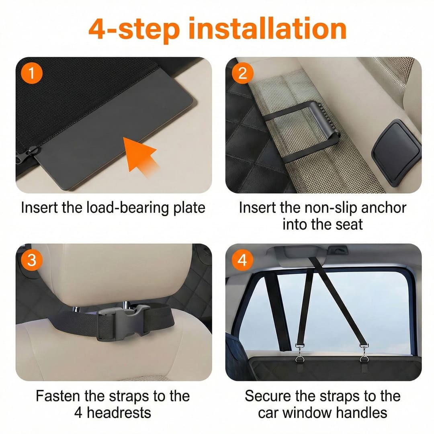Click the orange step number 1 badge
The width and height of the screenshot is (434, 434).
[32, 73]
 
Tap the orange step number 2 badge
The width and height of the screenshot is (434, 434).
[242, 73]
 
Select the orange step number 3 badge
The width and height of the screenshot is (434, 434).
[32, 260]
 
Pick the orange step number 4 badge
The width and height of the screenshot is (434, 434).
[242, 260]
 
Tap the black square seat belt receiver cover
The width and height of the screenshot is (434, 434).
[396, 153]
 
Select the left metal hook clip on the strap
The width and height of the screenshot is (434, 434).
[299, 353]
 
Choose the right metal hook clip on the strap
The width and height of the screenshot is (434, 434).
[364, 353]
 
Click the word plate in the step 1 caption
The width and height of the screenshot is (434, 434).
[189, 208]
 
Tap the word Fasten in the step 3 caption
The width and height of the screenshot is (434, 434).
[58, 396]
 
